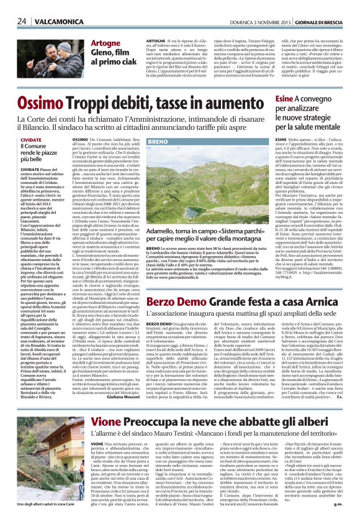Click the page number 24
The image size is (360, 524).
pyautogui.click(x=21, y=21)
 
